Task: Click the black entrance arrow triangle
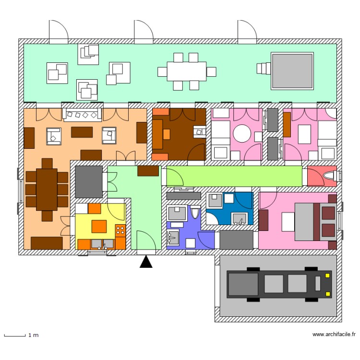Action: pyautogui.click(x=146, y=262)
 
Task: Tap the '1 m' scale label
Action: pyautogui.click(x=33, y=335)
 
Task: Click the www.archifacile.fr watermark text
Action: pyautogui.click(x=334, y=335)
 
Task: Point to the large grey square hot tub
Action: pyautogui.click(x=292, y=71)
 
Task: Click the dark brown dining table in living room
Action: pyautogui.click(x=47, y=189)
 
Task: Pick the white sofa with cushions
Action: pyautogui.click(x=82, y=114)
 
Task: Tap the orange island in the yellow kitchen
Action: pyautogui.click(x=99, y=226)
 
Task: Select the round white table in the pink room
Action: pyautogui.click(x=242, y=133)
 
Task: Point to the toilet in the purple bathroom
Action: pyautogui.click(x=195, y=213)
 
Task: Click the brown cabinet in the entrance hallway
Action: pyautogui.click(x=148, y=171)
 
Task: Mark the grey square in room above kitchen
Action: pyautogui.click(x=88, y=181)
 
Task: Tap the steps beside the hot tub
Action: pyautogui.click(x=264, y=69)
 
